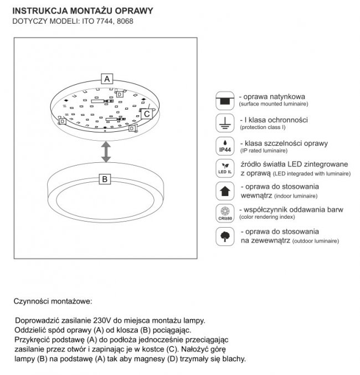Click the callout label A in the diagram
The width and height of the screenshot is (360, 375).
(x=107, y=78)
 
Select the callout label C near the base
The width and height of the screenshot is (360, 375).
(x=146, y=113)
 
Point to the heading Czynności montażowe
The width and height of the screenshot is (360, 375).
(x=53, y=302)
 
